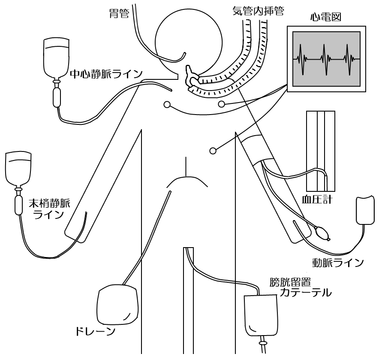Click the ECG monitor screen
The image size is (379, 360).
pyautogui.click(x=326, y=59)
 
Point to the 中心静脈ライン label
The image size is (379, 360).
pyautogui.click(x=105, y=74)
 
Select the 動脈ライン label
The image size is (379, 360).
pyautogui.click(x=338, y=261)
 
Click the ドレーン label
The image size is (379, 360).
pyautogui.click(x=93, y=331)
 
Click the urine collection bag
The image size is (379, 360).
pyautogui.click(x=261, y=315)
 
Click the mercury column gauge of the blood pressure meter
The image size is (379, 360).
pyautogui.click(x=320, y=150)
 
